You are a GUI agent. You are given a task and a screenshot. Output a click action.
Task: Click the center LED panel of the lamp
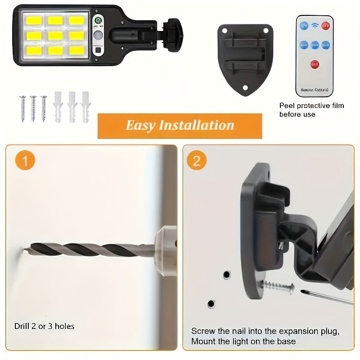pyautogui.click(x=55, y=35)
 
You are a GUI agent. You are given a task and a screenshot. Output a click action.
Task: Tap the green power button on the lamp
pyautogui.click(x=98, y=21)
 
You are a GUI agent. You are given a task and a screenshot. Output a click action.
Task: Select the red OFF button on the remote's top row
pyautogui.click(x=325, y=26)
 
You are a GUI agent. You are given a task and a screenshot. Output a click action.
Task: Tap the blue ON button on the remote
pyautogui.click(x=304, y=26)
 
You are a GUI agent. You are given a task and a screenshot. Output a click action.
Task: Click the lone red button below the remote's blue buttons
pyautogui.click(x=315, y=64)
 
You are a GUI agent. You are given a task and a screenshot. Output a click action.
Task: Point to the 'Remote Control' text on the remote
pyautogui.click(x=315, y=90)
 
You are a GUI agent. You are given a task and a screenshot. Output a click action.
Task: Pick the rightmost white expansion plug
pyautogui.click(x=85, y=107)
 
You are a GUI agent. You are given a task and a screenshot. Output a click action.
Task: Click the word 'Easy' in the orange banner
pyautogui.click(x=140, y=125)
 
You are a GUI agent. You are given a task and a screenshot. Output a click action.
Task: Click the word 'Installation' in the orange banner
pyautogui.click(x=196, y=125)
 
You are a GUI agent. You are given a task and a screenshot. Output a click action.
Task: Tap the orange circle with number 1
pyautogui.click(x=26, y=161)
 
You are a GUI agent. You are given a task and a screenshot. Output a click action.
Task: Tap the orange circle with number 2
pyautogui.click(x=197, y=161)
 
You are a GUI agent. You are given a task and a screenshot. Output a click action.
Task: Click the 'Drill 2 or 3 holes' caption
pyautogui.click(x=44, y=326)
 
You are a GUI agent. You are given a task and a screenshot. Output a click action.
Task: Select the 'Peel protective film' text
pyautogui.click(x=311, y=106)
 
